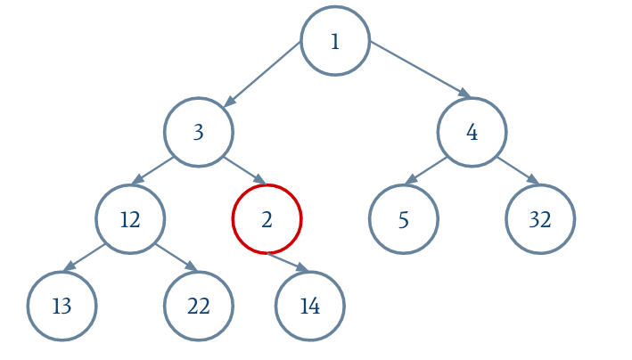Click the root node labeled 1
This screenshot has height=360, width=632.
point(335,41)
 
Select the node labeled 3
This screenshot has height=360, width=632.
point(198,132)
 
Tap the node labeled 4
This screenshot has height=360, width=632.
point(472,132)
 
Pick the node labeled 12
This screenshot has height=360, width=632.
point(130,219)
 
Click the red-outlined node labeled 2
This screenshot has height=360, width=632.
point(267,219)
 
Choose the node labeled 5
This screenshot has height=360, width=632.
point(404,219)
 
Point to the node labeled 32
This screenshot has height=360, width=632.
point(540,219)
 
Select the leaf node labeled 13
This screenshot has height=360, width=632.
point(62,306)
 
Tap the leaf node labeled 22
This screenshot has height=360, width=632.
point(198,306)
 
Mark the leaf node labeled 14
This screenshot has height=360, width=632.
point(310,306)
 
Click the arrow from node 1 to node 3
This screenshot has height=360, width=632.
point(262,74)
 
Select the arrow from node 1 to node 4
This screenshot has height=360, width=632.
point(421,70)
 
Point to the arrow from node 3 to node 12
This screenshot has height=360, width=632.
point(152,170)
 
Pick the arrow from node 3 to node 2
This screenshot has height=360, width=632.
point(244,170)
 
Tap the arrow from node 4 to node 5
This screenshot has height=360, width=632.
point(426,170)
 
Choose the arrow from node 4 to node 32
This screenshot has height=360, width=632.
point(518,170)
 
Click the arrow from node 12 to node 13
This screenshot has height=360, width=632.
point(85,258)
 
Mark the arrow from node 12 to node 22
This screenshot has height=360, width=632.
point(176,258)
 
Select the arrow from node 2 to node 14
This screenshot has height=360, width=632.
point(288,263)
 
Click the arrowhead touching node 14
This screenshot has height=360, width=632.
point(303,267)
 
